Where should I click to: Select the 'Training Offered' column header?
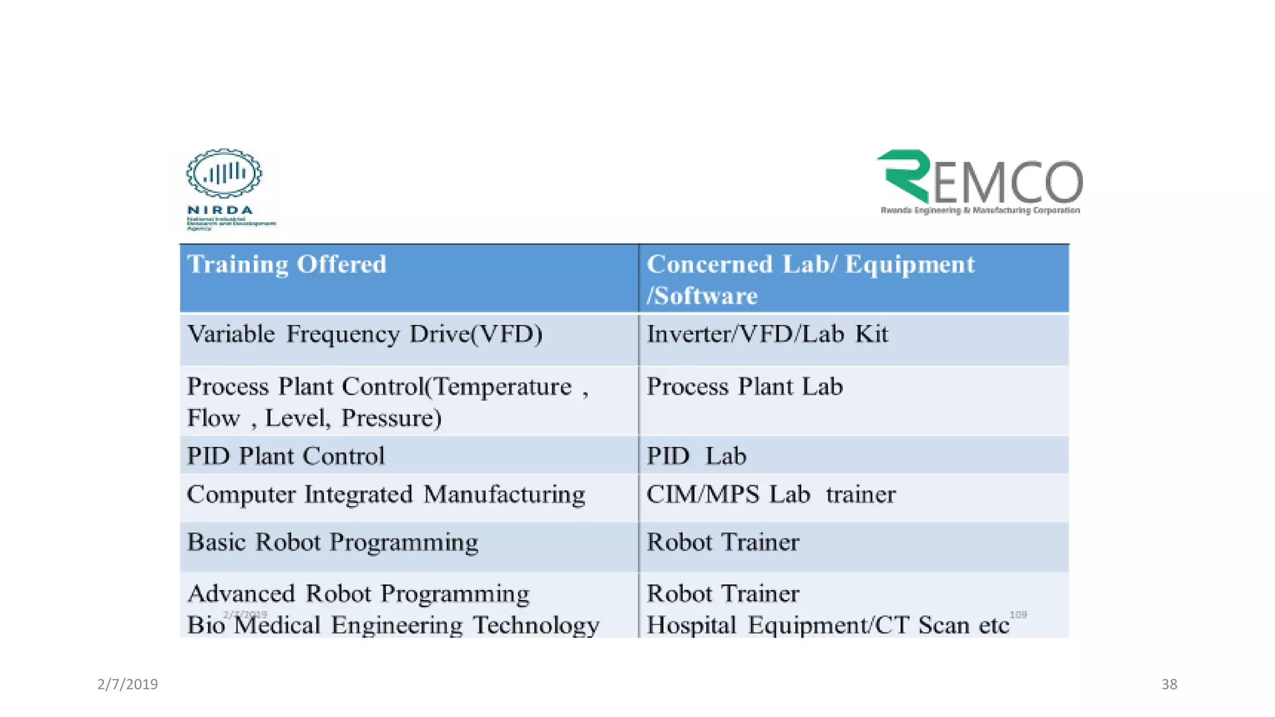click(x=287, y=265)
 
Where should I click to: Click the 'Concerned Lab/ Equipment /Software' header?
click(x=810, y=279)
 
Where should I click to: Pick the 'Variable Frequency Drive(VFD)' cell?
click(x=365, y=334)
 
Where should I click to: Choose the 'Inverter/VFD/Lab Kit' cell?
click(x=767, y=334)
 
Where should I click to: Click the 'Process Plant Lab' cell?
click(x=745, y=387)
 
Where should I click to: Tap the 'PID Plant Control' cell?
click(x=286, y=456)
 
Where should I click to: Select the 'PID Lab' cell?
click(x=696, y=456)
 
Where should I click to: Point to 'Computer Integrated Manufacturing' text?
click(x=386, y=495)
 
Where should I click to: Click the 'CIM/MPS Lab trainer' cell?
click(x=771, y=495)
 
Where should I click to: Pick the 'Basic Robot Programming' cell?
click(x=332, y=542)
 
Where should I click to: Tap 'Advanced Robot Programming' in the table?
click(x=359, y=594)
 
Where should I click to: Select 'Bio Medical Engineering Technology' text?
click(x=393, y=625)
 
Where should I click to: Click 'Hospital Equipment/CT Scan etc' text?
click(x=827, y=625)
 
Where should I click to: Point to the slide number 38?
click(x=1169, y=685)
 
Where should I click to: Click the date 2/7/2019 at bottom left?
click(x=128, y=685)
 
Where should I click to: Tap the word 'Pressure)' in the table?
click(x=392, y=418)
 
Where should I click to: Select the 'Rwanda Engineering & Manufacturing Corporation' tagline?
click(x=980, y=210)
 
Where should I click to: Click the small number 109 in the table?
click(x=1018, y=614)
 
